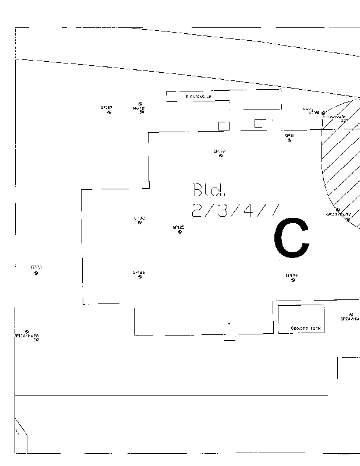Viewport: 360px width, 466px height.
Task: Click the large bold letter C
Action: pyautogui.click(x=291, y=238)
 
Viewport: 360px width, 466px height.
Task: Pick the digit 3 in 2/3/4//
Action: pyautogui.click(x=223, y=210)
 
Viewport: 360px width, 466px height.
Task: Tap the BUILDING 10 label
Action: pyautogui.click(x=198, y=96)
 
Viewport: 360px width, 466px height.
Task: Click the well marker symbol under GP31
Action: pyautogui.click(x=290, y=140)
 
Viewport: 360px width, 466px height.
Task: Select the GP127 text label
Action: pyautogui.click(x=107, y=107)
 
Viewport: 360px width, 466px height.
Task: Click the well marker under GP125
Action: pyautogui.click(x=179, y=232)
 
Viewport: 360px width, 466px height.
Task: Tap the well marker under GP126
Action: pyautogui.click(x=140, y=277)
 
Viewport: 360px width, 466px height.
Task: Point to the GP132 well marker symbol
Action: pyautogui.click(x=140, y=223)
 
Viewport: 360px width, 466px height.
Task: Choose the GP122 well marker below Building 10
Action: pyautogui.click(x=220, y=156)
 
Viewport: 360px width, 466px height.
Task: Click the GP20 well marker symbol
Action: pyautogui.click(x=36, y=273)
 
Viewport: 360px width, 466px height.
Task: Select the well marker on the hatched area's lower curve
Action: pyautogui.click(x=338, y=210)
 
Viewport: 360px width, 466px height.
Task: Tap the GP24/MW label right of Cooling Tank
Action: pyautogui.click(x=350, y=319)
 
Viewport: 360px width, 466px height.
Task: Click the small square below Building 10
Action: pyautogui.click(x=224, y=125)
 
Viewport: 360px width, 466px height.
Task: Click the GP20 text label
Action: pyautogui.click(x=36, y=267)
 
